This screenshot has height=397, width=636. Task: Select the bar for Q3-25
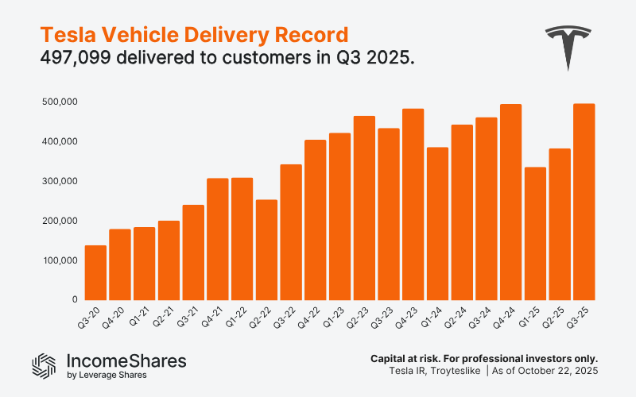[x=584, y=202]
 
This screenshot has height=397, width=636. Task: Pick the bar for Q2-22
[x=266, y=249]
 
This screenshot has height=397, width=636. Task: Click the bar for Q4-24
[x=510, y=202]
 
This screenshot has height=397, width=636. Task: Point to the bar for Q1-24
[x=437, y=223]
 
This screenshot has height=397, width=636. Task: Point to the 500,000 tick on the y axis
[x=60, y=102]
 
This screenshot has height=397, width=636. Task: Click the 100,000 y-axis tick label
[x=60, y=260]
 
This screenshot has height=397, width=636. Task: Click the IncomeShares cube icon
[x=45, y=364]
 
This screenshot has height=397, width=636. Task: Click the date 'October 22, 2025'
[x=560, y=372]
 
